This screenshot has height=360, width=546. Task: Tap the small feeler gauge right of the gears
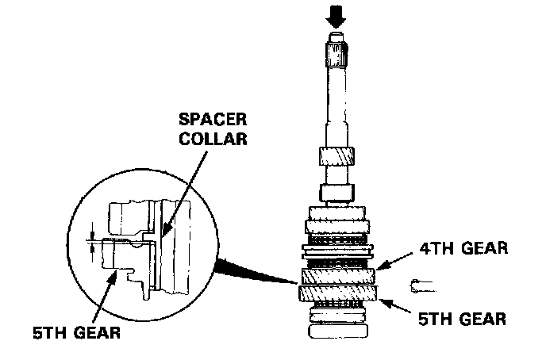click(421, 282)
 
